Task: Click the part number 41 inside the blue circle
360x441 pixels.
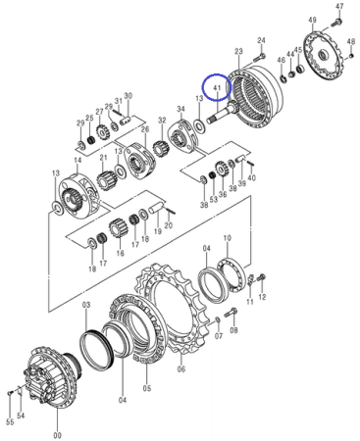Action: pyautogui.click(x=217, y=87)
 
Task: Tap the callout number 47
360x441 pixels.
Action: pyautogui.click(x=339, y=6)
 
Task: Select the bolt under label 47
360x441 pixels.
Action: pyautogui.click(x=336, y=23)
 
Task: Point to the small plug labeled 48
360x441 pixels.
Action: pyautogui.click(x=351, y=56)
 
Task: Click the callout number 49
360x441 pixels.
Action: pyautogui.click(x=312, y=20)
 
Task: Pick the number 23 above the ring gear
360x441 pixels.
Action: pyautogui.click(x=238, y=51)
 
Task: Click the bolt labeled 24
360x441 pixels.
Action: pyautogui.click(x=259, y=58)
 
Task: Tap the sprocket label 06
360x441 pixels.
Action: pyautogui.click(x=181, y=369)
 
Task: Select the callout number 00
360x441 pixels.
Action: pyautogui.click(x=57, y=435)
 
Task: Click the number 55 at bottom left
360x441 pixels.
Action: pyautogui.click(x=10, y=422)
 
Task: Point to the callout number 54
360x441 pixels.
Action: pyautogui.click(x=21, y=416)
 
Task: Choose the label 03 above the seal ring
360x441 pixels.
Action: pyautogui.click(x=85, y=305)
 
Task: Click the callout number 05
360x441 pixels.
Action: pyautogui.click(x=147, y=388)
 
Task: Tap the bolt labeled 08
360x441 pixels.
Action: pyautogui.click(x=231, y=313)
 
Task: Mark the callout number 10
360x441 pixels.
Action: pyautogui.click(x=228, y=238)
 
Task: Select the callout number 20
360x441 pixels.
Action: pyautogui.click(x=168, y=225)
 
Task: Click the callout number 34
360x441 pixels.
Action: pyautogui.click(x=180, y=109)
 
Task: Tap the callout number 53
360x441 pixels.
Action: pyautogui.click(x=214, y=199)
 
